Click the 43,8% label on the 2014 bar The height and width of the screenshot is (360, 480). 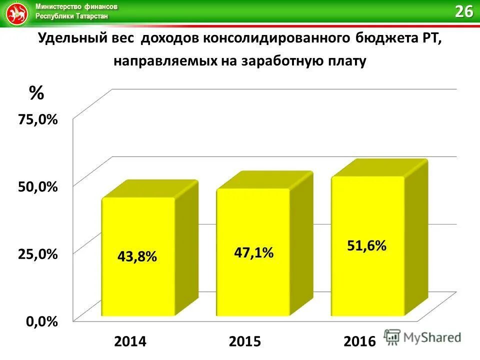[137, 256]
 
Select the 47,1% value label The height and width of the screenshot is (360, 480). [253, 253]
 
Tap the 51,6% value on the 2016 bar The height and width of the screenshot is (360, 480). [366, 245]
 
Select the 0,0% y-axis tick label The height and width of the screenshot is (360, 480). [41, 321]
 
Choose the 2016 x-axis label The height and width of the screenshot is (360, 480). [359, 341]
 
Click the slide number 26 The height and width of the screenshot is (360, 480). [463, 11]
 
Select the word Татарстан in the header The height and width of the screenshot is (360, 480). [92, 16]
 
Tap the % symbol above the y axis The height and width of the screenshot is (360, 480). [36, 92]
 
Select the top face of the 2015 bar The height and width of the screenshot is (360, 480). [265, 180]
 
